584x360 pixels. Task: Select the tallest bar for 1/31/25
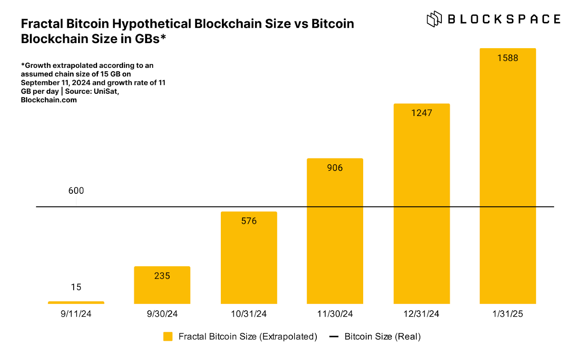508,182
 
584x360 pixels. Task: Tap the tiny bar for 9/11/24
76,302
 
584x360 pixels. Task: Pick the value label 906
335,168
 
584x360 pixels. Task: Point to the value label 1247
422,113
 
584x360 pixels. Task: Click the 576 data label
249,221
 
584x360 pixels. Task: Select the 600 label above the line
76,190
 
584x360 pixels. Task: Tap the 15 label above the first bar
76,287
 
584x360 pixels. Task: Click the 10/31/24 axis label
249,314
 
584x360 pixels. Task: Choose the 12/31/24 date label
421,314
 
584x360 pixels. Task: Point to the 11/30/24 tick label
335,314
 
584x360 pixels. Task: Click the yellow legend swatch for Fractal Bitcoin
168,336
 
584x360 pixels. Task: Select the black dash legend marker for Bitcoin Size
334,336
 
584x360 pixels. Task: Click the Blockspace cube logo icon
434,19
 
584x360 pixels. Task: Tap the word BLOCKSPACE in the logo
504,19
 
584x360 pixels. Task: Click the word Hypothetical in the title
152,24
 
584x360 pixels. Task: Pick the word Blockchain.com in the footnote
49,100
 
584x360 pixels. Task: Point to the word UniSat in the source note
105,91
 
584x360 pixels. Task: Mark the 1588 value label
508,58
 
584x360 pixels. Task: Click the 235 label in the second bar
162,276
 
